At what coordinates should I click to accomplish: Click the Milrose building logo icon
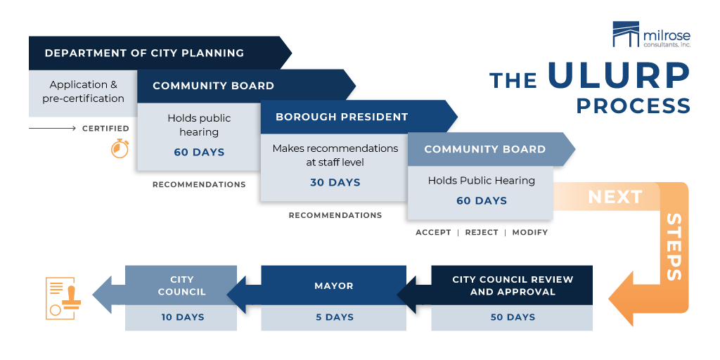(x=626, y=34)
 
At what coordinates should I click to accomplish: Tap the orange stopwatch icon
(x=120, y=148)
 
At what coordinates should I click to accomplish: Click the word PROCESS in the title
(x=634, y=105)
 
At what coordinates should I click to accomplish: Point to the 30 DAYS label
(x=335, y=182)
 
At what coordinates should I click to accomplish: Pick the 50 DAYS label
(x=513, y=317)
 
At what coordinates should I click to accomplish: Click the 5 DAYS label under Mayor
(x=335, y=317)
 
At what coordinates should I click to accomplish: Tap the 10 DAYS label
(x=183, y=317)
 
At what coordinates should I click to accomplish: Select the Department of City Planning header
(x=144, y=53)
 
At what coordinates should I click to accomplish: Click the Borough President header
(x=342, y=117)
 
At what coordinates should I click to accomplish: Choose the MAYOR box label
(x=334, y=285)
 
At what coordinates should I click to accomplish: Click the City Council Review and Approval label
(x=513, y=285)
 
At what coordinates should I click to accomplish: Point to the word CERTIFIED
(x=105, y=129)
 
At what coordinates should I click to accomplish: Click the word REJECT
(x=482, y=232)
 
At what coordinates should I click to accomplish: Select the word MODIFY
(x=530, y=232)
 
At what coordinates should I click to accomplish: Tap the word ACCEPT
(x=433, y=232)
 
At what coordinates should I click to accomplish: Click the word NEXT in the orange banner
(x=615, y=197)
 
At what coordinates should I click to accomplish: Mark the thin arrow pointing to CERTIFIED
(x=52, y=129)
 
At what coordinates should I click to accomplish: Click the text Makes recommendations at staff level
(x=335, y=155)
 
